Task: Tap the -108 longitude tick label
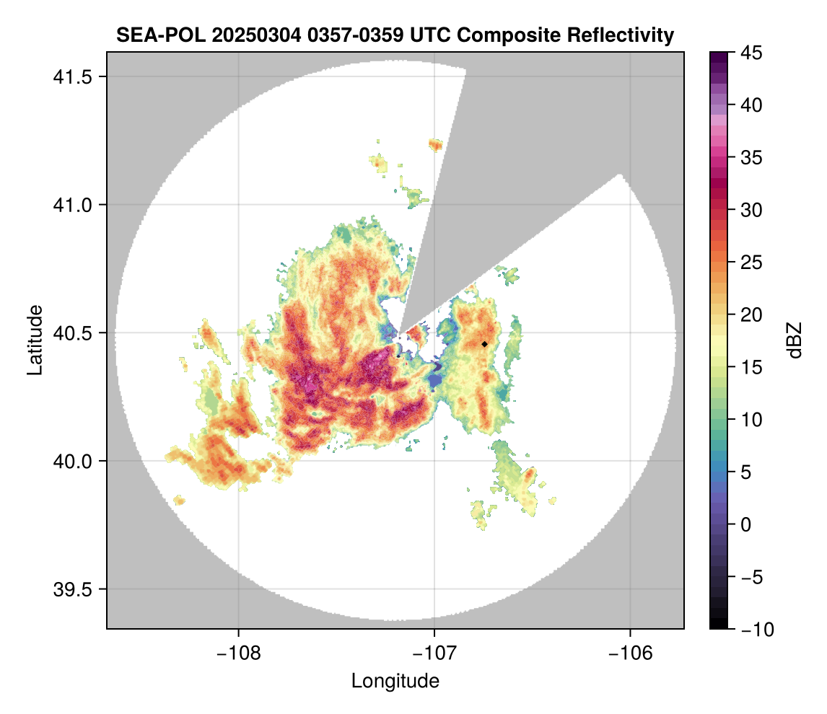tap(237, 653)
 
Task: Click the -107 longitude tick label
tap(434, 653)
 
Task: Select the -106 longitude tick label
tap(631, 653)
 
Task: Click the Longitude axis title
tap(395, 681)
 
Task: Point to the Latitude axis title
tap(35, 340)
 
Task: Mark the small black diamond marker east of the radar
tap(485, 344)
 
